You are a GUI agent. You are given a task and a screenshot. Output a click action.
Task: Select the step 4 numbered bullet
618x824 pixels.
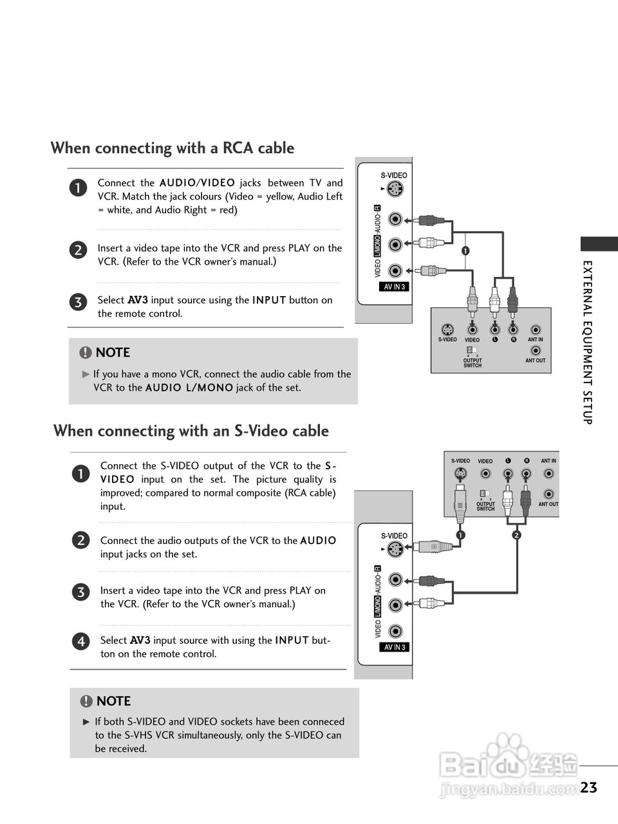point(80,642)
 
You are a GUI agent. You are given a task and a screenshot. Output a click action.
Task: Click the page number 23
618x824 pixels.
point(588,787)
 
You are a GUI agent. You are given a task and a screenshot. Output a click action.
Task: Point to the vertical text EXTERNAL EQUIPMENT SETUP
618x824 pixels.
point(587,342)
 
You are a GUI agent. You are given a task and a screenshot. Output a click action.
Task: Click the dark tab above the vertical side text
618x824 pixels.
point(599,244)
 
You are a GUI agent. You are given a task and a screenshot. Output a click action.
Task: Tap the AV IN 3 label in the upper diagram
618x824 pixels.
point(395,287)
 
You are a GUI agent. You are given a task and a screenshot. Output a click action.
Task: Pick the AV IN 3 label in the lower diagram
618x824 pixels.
point(395,648)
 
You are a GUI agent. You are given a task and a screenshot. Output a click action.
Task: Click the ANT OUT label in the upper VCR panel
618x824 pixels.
point(535,360)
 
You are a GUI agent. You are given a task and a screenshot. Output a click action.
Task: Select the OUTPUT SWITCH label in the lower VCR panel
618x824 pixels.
point(485,507)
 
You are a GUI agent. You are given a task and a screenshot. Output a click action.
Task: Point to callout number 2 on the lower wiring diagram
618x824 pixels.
point(516,535)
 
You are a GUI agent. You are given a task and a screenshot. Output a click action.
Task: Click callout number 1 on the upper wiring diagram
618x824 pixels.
point(464,250)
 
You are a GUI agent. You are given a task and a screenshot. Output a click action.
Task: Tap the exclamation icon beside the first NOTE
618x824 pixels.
point(86,353)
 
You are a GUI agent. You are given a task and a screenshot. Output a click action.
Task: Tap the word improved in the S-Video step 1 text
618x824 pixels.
point(121,493)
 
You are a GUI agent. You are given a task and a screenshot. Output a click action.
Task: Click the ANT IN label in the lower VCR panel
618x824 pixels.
point(548,461)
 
